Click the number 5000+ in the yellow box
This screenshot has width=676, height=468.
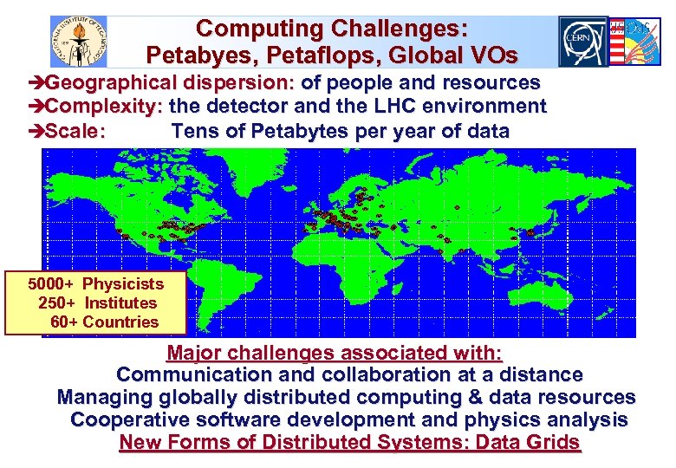(x=50, y=283)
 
